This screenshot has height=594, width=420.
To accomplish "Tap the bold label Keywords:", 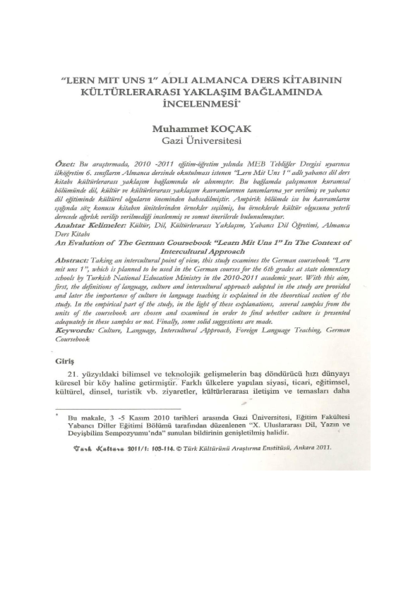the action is click(77, 329).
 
